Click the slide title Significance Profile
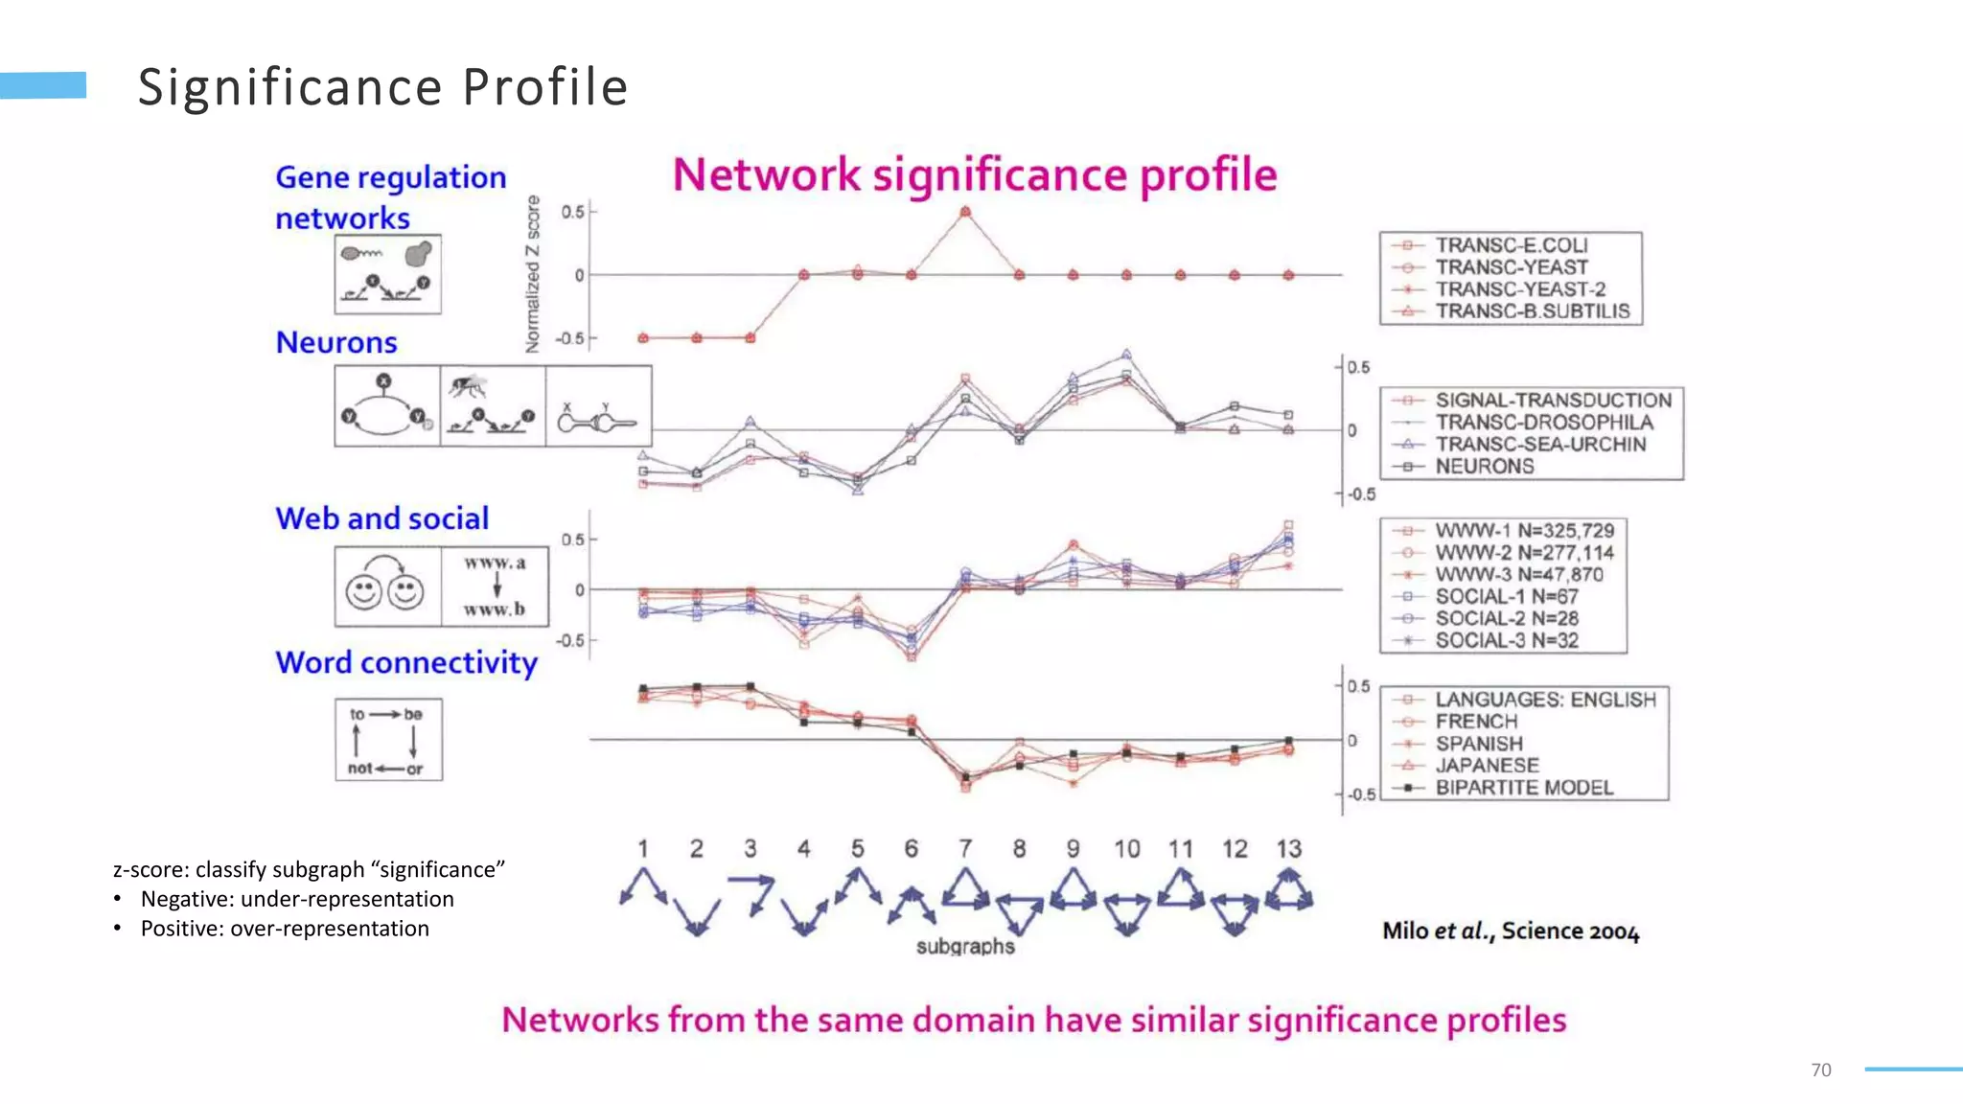[x=382, y=87]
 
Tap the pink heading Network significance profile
[x=975, y=175]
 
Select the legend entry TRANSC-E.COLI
[x=1511, y=245]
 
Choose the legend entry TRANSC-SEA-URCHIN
[x=1539, y=445]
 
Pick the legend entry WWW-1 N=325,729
[x=1524, y=531]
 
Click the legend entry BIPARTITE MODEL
[x=1523, y=788]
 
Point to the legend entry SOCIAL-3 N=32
[x=1506, y=641]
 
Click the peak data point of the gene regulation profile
[x=965, y=212]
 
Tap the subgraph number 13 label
[x=1288, y=849]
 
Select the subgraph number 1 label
[x=643, y=849]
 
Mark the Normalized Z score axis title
[x=533, y=274]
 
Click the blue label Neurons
[x=336, y=343]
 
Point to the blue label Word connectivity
[x=406, y=663]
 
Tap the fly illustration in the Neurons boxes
[x=468, y=386]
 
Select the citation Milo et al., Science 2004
[x=1511, y=931]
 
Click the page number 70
[x=1821, y=1070]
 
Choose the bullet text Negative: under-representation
[x=297, y=899]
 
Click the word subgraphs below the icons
[x=965, y=947]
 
